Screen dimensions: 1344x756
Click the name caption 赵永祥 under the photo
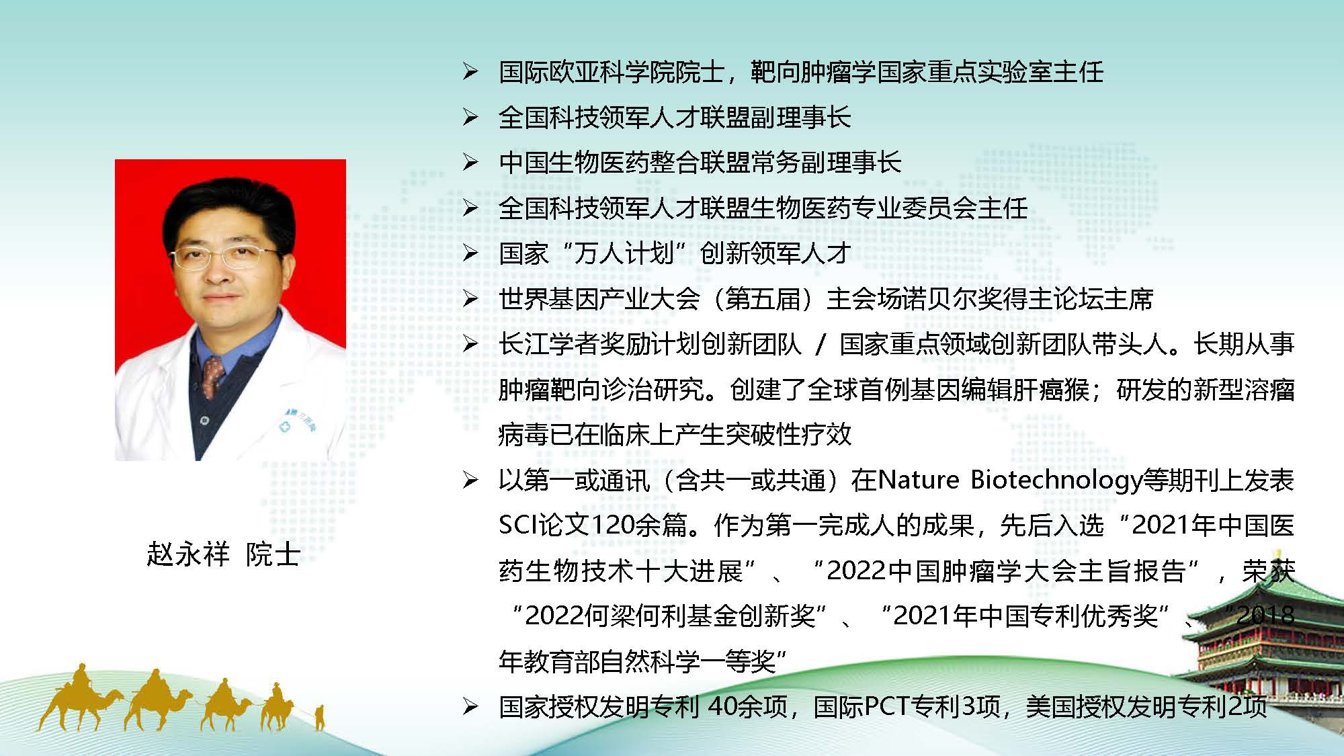pos(188,554)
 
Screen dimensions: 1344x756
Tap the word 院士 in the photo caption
pos(273,554)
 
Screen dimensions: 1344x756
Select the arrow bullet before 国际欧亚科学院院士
pos(470,72)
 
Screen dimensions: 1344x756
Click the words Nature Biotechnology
pos(1010,480)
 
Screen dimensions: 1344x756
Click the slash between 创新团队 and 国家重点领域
pos(821,345)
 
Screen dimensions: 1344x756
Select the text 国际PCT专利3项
pos(907,706)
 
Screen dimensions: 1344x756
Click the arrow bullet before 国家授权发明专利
pos(470,706)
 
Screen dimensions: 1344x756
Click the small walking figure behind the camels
pos(320,717)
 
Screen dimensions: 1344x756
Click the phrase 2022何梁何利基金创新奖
pos(670,616)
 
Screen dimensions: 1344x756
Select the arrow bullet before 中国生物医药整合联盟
pos(470,162)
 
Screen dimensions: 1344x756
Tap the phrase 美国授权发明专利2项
pos(1146,706)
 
